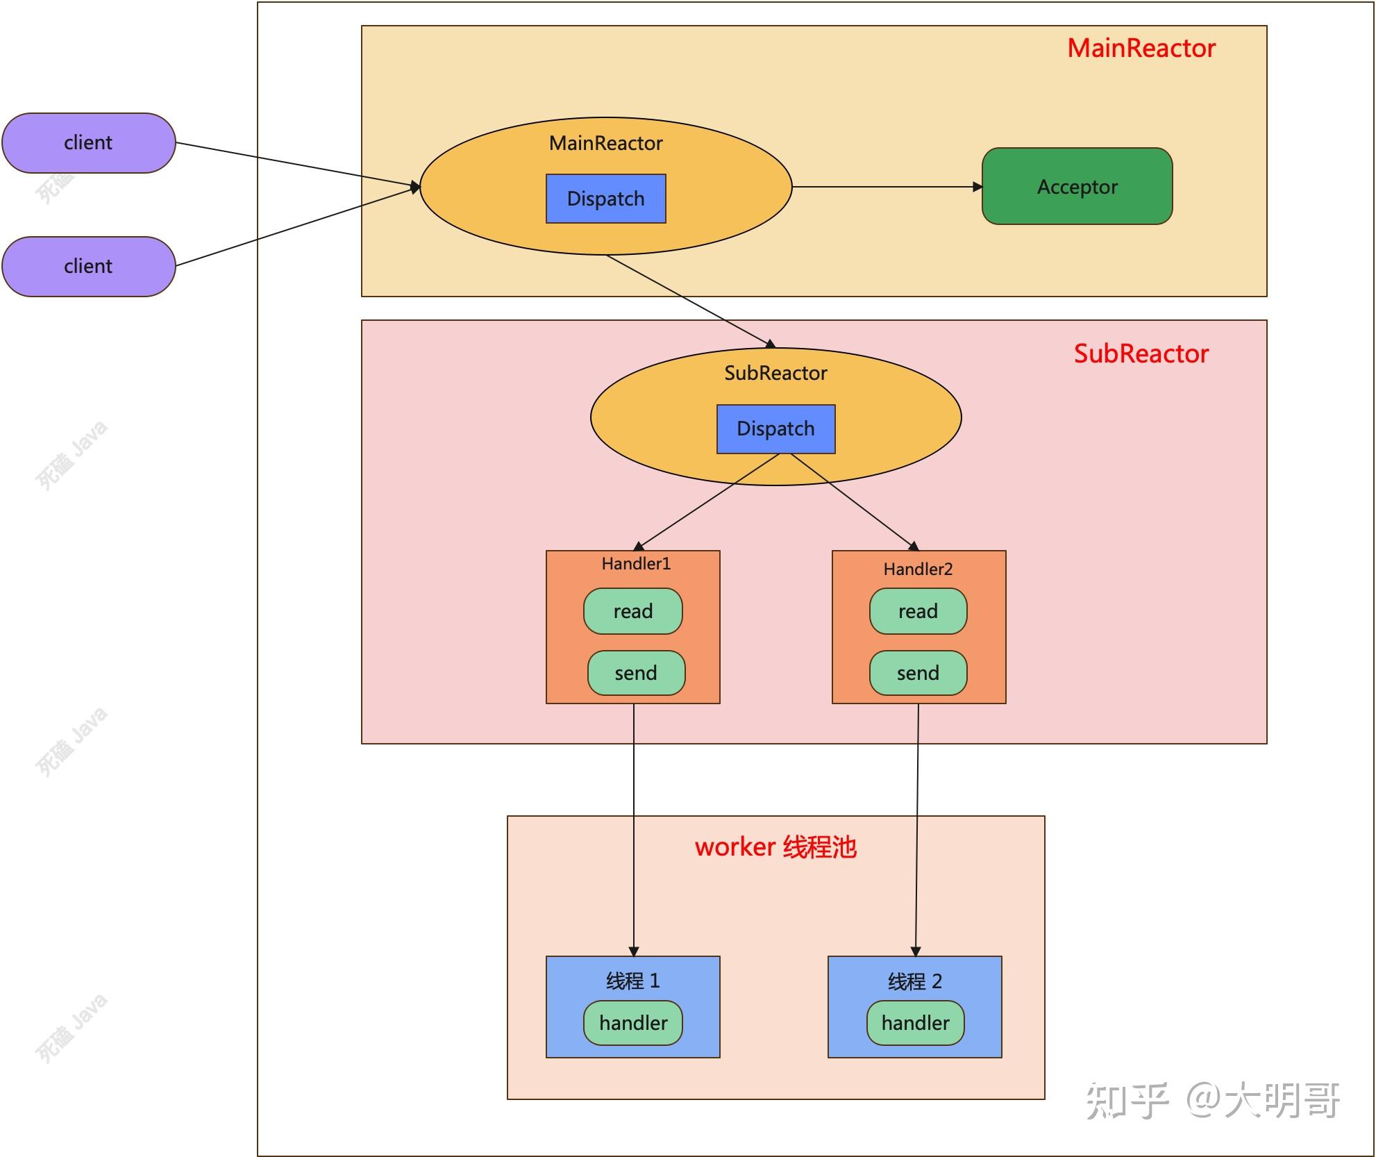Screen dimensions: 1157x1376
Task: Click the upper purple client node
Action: click(x=88, y=143)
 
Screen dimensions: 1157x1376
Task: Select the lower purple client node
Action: click(x=88, y=267)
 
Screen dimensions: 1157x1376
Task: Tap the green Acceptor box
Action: click(x=1077, y=186)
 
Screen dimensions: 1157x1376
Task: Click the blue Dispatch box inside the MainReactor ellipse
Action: click(x=605, y=199)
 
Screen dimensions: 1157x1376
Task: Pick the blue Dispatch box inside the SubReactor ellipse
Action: click(x=775, y=428)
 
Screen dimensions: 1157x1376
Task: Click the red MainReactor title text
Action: click(x=1141, y=49)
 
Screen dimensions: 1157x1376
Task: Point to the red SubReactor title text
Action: click(x=1141, y=354)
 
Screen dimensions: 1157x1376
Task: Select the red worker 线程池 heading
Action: click(x=775, y=847)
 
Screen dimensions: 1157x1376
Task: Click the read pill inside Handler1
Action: click(x=632, y=611)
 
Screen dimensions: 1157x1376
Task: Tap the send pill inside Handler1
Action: click(x=636, y=673)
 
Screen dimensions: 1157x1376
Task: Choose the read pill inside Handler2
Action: click(x=918, y=611)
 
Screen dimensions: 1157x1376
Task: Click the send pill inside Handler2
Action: click(x=918, y=673)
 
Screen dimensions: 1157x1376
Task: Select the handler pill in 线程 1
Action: click(x=633, y=1023)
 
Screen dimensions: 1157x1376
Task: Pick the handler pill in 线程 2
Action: click(x=915, y=1023)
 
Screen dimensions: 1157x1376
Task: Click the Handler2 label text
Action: click(x=918, y=569)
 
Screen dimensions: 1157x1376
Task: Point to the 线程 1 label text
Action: click(x=632, y=981)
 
